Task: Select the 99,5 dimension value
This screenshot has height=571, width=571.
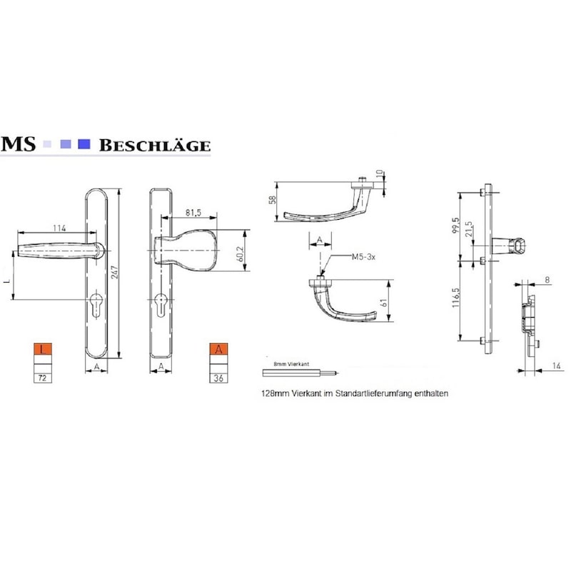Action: tap(465, 225)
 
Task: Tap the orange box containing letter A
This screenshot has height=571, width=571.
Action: tap(220, 350)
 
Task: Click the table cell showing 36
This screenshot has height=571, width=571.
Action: tap(220, 378)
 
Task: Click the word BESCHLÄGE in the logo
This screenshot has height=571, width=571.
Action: tap(155, 146)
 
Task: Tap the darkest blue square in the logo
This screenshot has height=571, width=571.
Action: tap(84, 144)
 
